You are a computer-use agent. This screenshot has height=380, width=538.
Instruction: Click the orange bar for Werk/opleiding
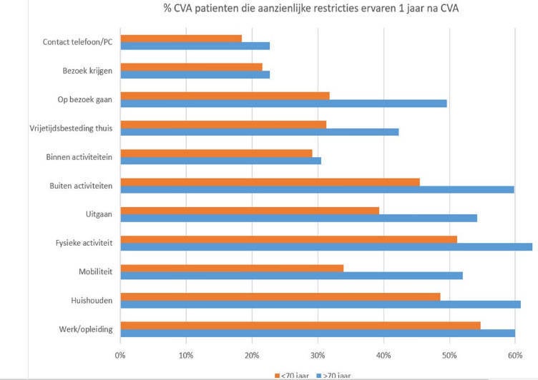[x=300, y=325]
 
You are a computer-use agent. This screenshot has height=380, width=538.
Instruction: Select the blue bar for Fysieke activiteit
[x=326, y=247]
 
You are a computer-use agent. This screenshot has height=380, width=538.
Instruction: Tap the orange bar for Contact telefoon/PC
[x=181, y=38]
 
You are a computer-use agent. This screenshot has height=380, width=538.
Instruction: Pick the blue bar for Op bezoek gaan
[x=283, y=103]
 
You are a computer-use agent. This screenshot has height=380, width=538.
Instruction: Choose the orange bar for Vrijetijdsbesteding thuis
[x=223, y=124]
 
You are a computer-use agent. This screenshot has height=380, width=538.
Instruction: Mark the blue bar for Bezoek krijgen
[x=195, y=74]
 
